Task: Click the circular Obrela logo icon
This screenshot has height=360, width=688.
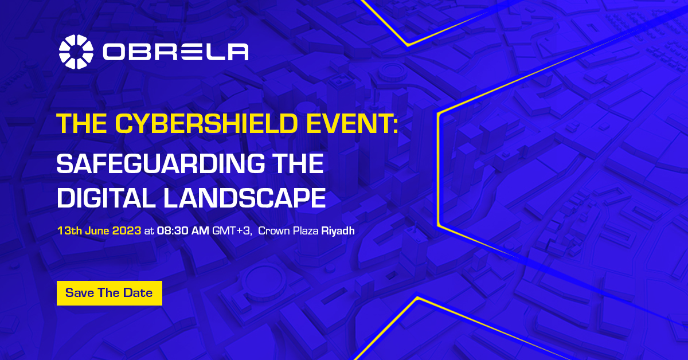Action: click(76, 52)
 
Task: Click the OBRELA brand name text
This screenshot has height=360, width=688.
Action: click(175, 52)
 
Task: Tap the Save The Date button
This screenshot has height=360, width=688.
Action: click(110, 293)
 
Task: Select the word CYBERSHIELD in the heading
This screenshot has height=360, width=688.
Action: click(206, 123)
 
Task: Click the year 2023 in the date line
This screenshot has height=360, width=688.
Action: click(127, 230)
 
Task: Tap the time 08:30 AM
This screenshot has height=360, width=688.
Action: click(183, 230)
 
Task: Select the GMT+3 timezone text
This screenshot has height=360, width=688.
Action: click(232, 230)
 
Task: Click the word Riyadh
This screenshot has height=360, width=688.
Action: click(338, 230)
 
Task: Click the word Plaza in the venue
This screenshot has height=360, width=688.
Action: click(306, 230)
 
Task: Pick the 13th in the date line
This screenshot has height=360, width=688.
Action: click(69, 230)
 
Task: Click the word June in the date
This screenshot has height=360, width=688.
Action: click(97, 230)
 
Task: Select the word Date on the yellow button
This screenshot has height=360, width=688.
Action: click(138, 293)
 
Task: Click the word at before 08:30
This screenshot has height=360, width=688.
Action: click(149, 231)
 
